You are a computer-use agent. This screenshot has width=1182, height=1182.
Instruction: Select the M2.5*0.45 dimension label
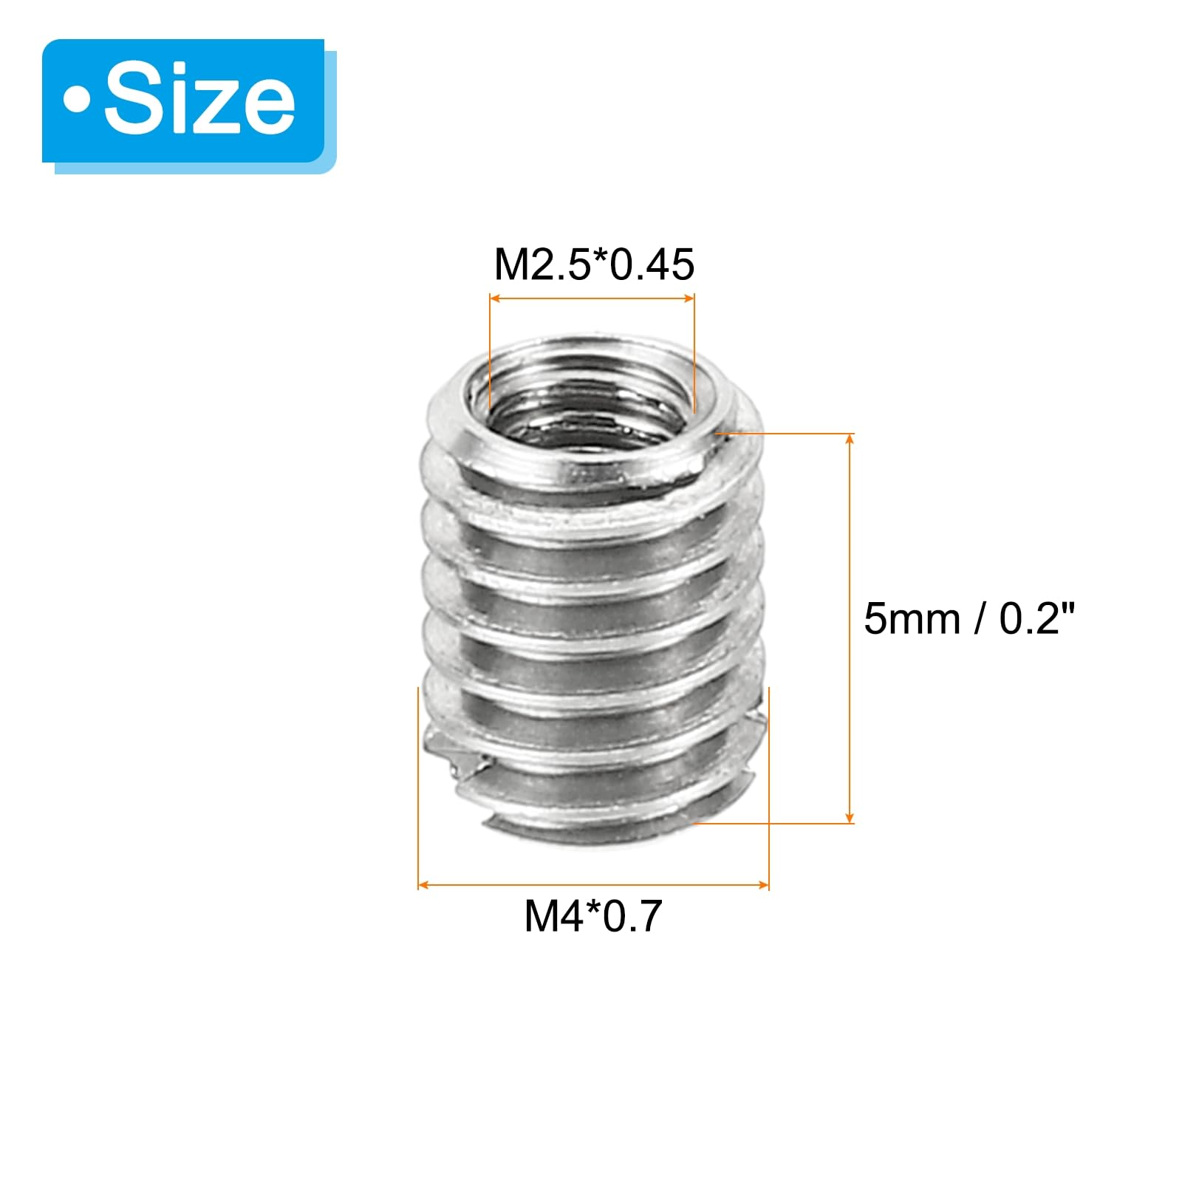click(594, 264)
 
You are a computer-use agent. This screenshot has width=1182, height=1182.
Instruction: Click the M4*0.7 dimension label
click(593, 916)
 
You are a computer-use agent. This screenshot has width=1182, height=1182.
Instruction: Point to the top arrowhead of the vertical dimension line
click(850, 439)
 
